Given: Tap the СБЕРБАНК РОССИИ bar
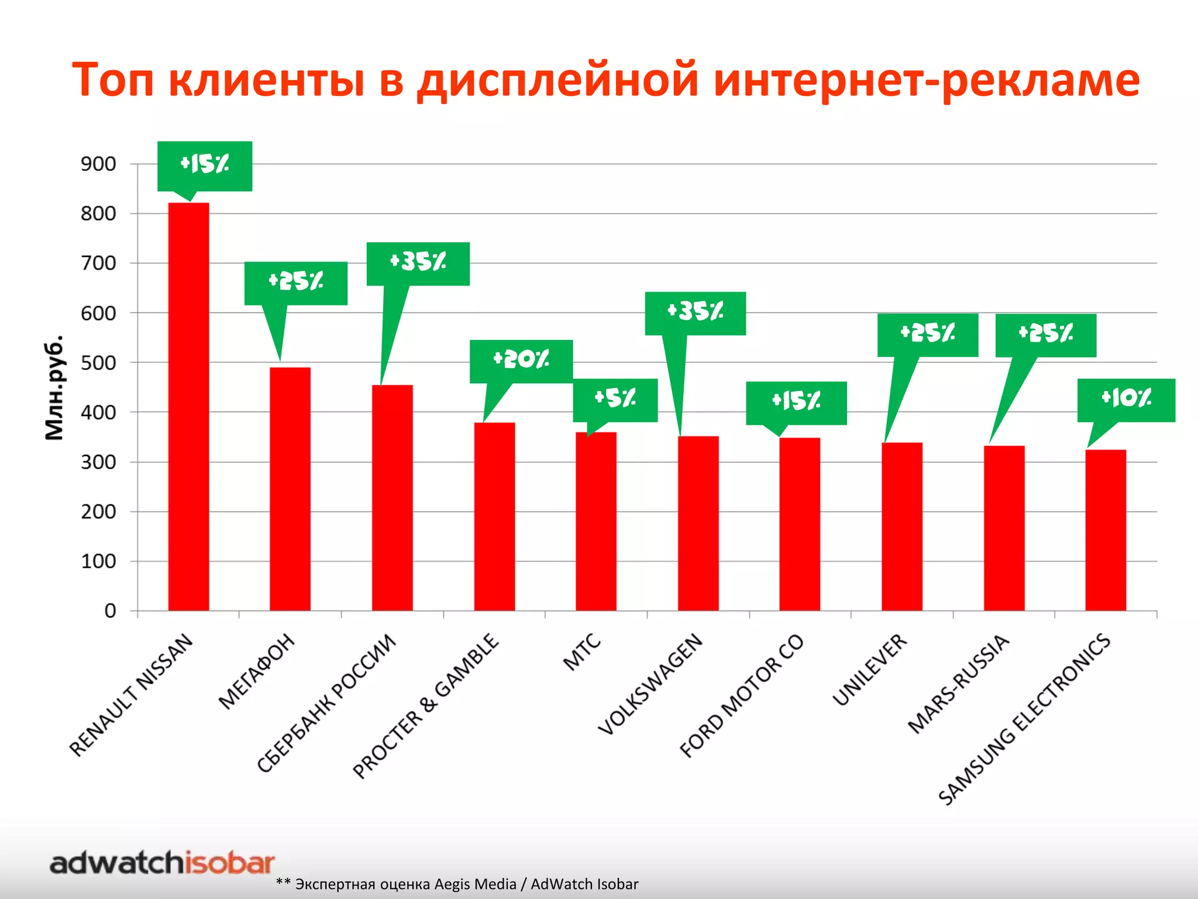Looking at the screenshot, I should click(392, 497).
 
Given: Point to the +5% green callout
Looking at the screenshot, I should click(615, 400).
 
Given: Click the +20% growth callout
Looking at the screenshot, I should click(521, 361).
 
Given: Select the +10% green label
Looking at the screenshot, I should click(1126, 400).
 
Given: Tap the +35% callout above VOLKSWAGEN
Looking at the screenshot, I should click(695, 313).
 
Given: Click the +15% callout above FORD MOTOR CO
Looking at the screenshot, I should click(796, 403).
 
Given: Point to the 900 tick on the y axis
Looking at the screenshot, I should click(98, 164).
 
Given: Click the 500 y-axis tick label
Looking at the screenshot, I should click(98, 363).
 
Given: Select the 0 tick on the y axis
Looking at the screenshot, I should click(110, 611).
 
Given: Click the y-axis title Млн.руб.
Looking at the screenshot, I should click(54, 387).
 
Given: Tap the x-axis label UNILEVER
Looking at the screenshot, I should click(869, 670).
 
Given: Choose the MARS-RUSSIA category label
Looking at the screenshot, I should click(958, 684).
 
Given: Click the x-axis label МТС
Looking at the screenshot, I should click(581, 651).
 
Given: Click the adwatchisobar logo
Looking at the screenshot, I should click(162, 863).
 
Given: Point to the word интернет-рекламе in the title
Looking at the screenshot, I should click(927, 80).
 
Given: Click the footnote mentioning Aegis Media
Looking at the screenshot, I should click(457, 884).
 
